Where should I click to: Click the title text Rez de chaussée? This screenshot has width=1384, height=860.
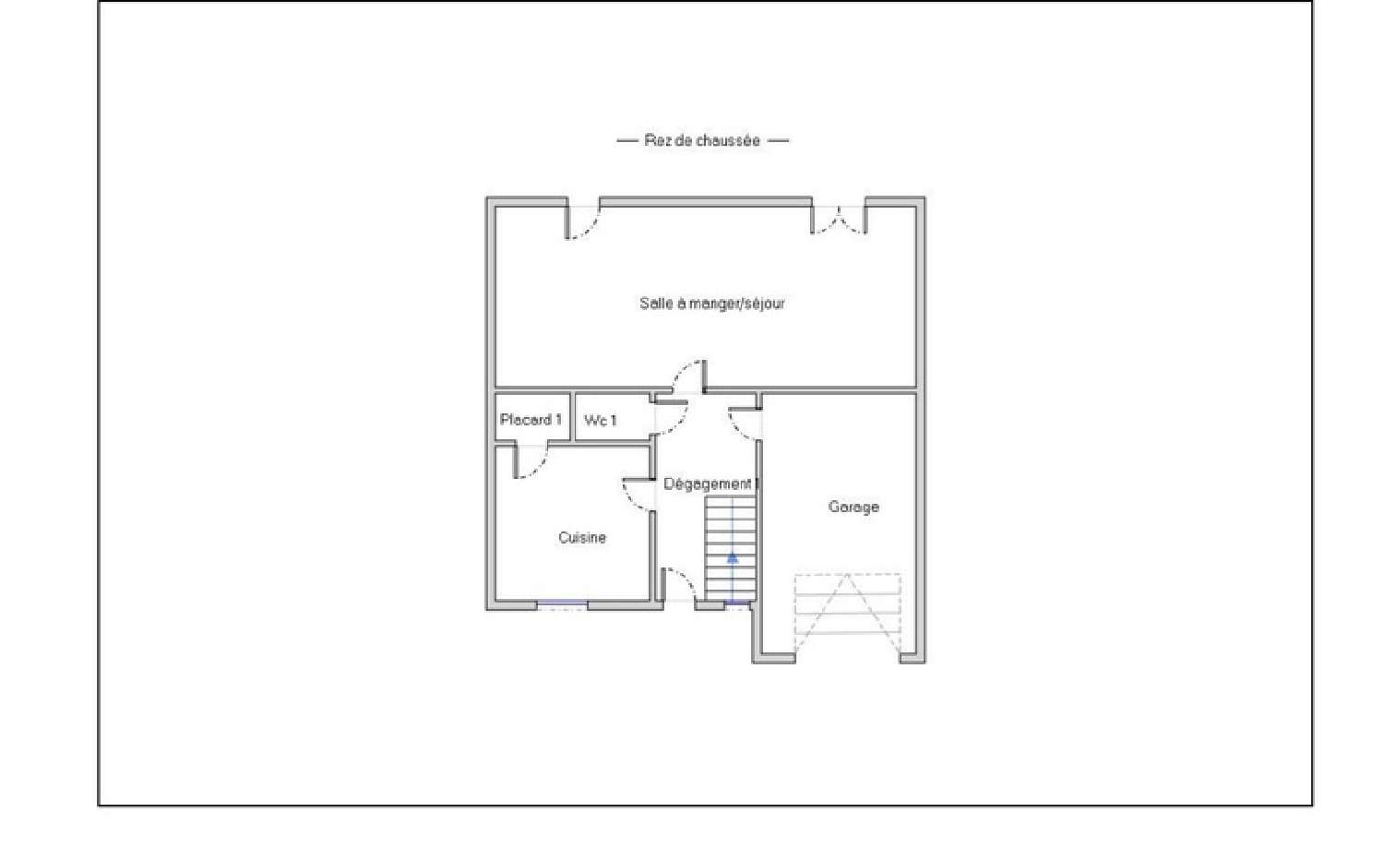click(702, 140)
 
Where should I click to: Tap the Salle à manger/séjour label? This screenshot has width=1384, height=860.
click(711, 303)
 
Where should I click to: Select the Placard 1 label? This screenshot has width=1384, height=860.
click(531, 420)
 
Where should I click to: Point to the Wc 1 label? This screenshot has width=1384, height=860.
click(601, 421)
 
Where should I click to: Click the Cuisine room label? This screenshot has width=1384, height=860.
click(582, 537)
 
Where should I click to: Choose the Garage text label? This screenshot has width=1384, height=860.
click(853, 507)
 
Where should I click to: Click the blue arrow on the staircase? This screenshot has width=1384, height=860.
click(732, 557)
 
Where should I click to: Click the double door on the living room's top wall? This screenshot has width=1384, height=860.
click(839, 220)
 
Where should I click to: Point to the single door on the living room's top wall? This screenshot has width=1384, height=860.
click(582, 221)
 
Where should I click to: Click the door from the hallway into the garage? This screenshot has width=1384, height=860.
click(746, 424)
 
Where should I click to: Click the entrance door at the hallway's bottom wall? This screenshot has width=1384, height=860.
click(679, 586)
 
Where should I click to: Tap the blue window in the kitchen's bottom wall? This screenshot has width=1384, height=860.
click(562, 604)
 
